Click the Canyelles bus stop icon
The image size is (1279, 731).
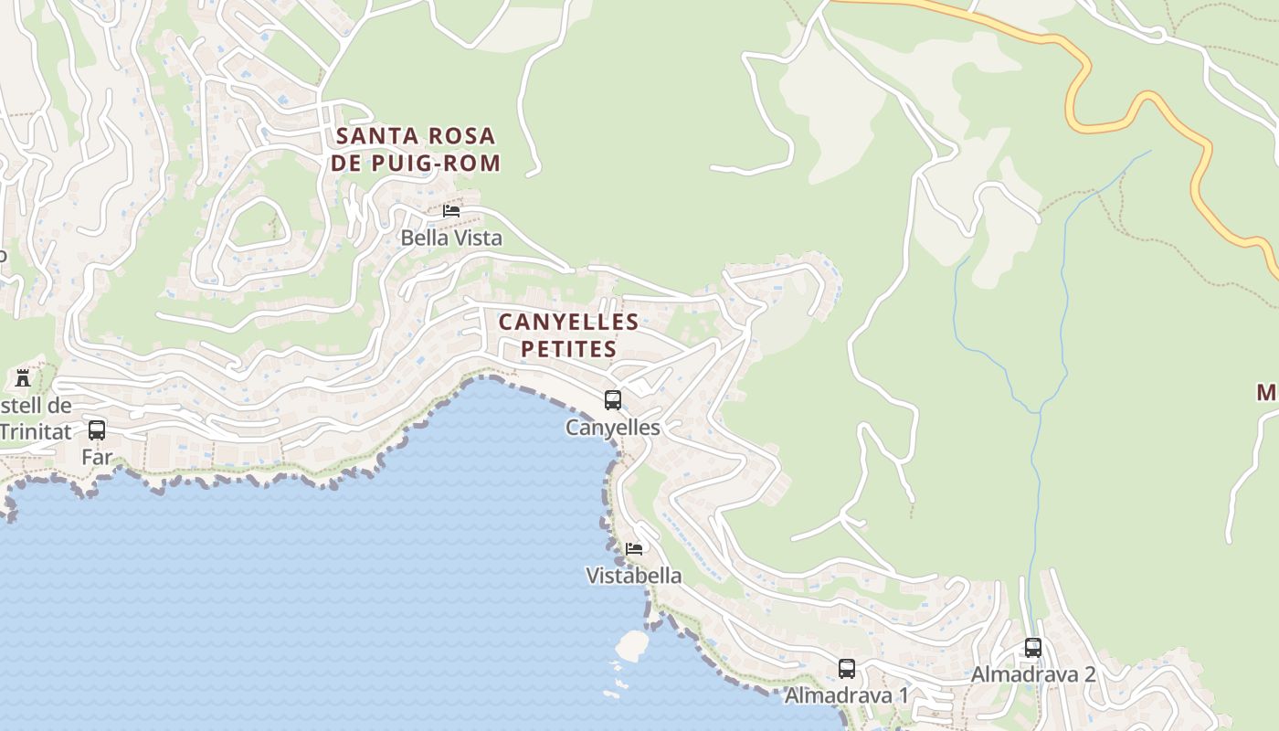pos(613,400)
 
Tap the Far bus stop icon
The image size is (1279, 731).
pos(97,430)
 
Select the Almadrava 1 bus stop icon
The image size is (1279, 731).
pos(847,669)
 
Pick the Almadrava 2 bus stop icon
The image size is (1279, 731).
pos(1033,648)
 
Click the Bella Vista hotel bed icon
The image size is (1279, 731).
pos(451,211)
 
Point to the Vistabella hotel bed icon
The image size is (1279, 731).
pos(634,549)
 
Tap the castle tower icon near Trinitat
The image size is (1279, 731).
pos(23,377)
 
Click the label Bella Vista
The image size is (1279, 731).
pos(451,238)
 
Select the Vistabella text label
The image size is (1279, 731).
pos(634,576)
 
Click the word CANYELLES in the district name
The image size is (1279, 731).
pos(568,323)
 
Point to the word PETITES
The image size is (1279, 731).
pos(568,349)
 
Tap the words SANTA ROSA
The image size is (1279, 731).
pos(416,137)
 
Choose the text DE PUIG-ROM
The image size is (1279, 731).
pos(416,164)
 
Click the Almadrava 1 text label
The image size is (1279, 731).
pos(847,695)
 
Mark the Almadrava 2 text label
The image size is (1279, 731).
pos(1033,674)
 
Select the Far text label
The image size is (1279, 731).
pos(97,457)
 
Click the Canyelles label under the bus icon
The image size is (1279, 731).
pos(612,427)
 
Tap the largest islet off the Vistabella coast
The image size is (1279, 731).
pos(631,645)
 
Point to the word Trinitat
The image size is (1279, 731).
pos(35,430)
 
